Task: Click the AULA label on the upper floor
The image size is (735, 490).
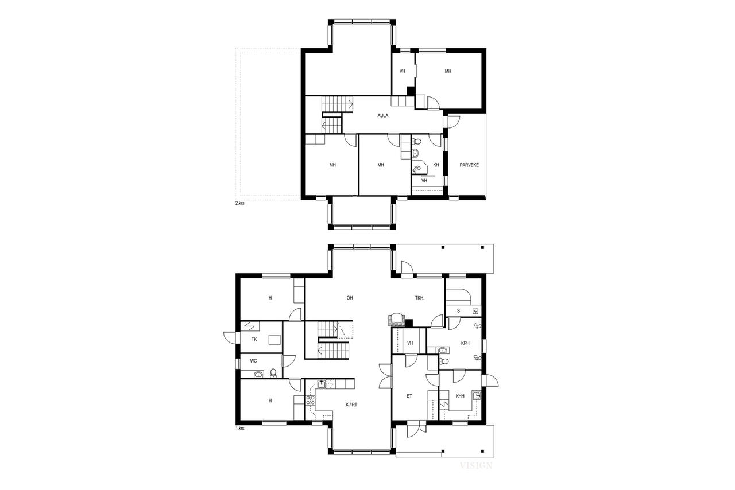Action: click(382, 115)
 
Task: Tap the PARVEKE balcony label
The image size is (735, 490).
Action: click(469, 165)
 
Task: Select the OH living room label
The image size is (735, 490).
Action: click(350, 298)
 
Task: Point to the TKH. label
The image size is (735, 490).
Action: click(420, 298)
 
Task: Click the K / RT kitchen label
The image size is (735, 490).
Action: click(351, 405)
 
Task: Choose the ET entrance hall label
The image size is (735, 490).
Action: click(409, 396)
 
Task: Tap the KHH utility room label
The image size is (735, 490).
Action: click(460, 396)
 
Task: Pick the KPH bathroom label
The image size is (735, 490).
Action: click(465, 343)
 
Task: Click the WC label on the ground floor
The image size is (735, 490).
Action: click(253, 361)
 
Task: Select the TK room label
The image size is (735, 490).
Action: click(254, 339)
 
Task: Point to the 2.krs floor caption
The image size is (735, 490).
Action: click(239, 203)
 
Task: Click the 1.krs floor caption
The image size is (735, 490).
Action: click(239, 429)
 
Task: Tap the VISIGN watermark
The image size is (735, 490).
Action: click(475, 465)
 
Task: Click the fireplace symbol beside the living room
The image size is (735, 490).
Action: click(396, 320)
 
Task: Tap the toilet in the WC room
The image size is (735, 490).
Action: click(273, 372)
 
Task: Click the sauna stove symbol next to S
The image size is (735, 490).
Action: click(475, 311)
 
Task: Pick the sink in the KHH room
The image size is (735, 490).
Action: click(476, 395)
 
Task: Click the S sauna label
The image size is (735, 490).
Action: click(458, 311)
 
